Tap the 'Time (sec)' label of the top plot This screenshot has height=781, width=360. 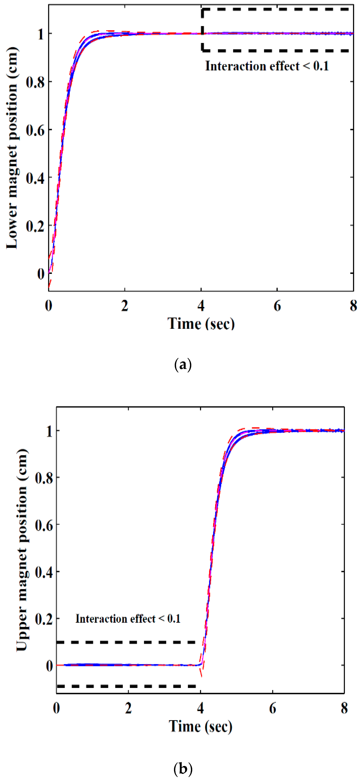[201, 323]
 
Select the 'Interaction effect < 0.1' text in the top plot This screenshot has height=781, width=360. [267, 66]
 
